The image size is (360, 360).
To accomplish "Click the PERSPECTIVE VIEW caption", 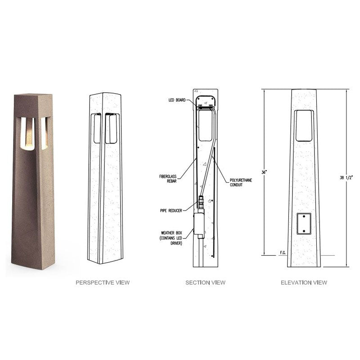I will pyautogui.click(x=103, y=283).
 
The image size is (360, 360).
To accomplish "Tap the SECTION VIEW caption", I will pyautogui.click(x=205, y=283).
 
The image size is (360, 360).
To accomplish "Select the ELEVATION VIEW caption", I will pyautogui.click(x=304, y=283).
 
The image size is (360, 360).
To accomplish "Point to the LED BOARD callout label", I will pyautogui.click(x=177, y=99).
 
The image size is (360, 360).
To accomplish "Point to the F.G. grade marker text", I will pyautogui.click(x=283, y=252).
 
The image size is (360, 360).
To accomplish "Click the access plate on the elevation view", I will pyautogui.click(x=305, y=224).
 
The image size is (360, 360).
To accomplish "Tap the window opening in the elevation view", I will pyautogui.click(x=305, y=125).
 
